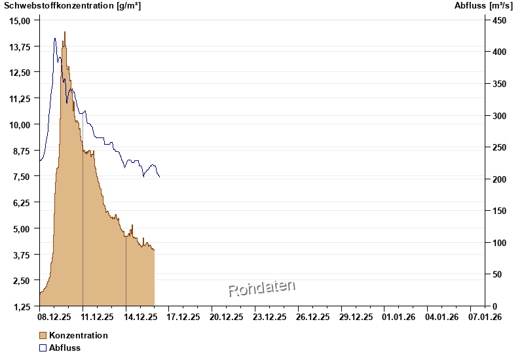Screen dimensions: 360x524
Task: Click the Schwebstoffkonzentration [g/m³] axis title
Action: click(x=73, y=6)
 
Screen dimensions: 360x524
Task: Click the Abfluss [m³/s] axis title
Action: click(x=484, y=6)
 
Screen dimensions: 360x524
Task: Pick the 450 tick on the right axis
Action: click(x=500, y=20)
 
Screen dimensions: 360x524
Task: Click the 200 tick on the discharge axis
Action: click(x=500, y=179)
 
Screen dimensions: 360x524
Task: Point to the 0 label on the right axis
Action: click(x=495, y=306)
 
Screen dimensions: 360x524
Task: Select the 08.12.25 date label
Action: click(x=54, y=317)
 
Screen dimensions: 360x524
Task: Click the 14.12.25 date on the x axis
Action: click(x=140, y=317)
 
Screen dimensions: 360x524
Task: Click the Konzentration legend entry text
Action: click(x=78, y=335)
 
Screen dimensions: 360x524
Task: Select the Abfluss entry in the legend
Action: click(x=65, y=348)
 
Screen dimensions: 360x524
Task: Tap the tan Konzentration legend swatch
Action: click(x=43, y=335)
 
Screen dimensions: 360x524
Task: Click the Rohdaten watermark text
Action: click(x=262, y=288)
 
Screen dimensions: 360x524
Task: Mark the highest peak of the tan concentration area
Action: click(x=65, y=32)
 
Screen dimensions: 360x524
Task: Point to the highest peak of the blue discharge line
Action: click(x=55, y=39)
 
